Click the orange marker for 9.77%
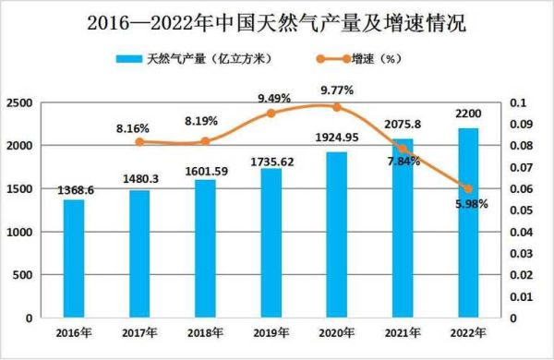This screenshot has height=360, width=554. click(x=337, y=107)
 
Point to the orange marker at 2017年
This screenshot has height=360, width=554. click(x=139, y=141)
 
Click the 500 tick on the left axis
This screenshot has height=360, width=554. click(x=24, y=275)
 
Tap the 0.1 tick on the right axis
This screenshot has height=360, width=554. click(x=518, y=103)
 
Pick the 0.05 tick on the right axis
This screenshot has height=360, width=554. click(x=521, y=210)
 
